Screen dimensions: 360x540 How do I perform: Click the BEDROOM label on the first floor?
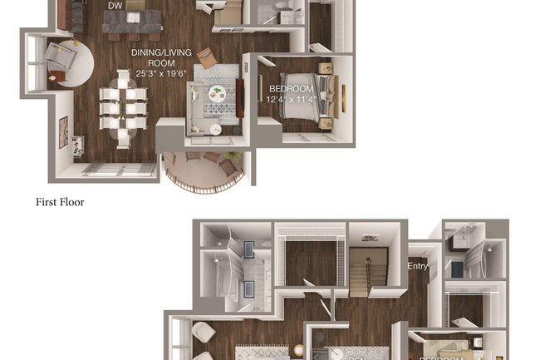point(291,89)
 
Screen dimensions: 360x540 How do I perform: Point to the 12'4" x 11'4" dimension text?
point(291,101)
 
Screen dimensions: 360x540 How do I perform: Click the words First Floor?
point(60,201)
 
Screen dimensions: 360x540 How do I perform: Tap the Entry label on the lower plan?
point(417,266)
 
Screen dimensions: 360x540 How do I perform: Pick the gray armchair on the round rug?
point(59,56)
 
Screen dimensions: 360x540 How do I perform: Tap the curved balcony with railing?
point(203,171)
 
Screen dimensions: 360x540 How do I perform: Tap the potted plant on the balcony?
point(236,156)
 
